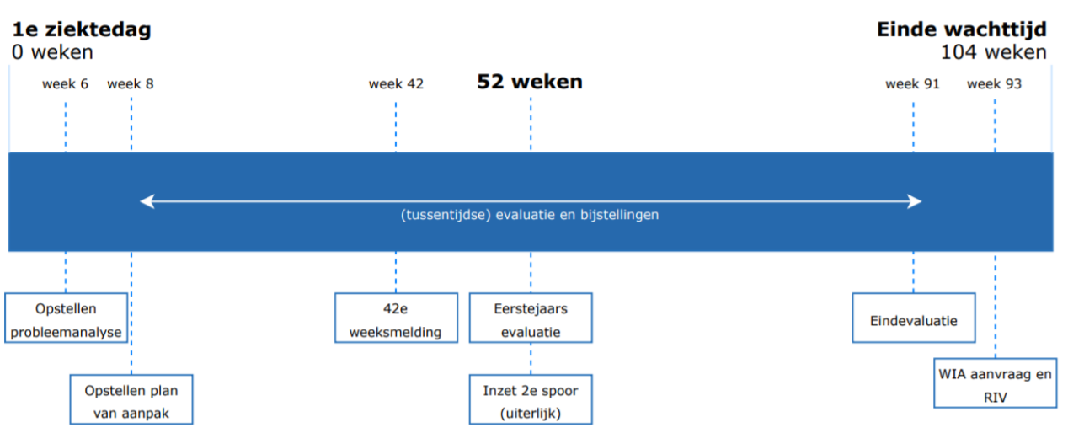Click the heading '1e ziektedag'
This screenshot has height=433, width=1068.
(x=82, y=29)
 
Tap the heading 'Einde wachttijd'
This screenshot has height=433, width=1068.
(x=962, y=29)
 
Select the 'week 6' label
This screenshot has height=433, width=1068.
(x=66, y=84)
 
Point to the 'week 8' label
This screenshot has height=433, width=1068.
(x=131, y=84)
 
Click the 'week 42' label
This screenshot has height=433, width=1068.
(x=396, y=84)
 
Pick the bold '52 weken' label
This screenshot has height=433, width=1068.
(x=530, y=82)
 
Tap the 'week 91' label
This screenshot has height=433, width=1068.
(x=912, y=84)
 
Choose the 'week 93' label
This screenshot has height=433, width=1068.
(x=994, y=84)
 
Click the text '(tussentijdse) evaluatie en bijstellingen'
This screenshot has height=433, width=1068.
(x=530, y=215)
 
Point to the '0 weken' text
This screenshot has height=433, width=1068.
(x=52, y=52)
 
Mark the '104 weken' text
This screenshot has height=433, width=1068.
(x=994, y=52)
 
